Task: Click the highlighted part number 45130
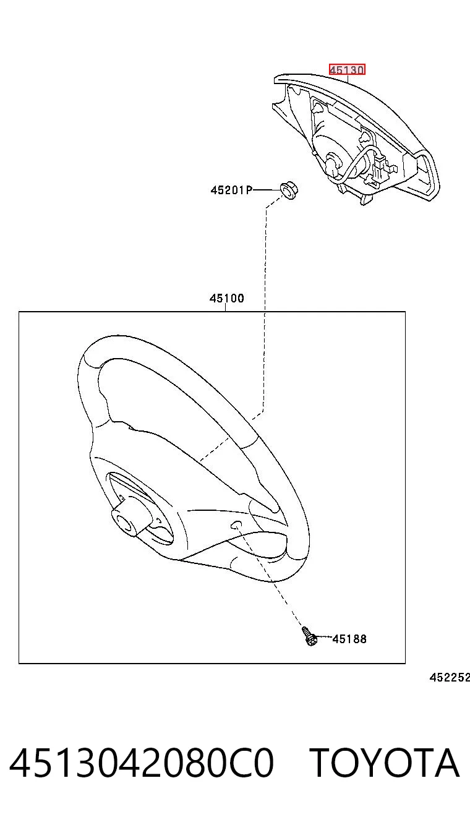[347, 70]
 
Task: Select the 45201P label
[231, 190]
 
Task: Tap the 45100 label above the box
[227, 298]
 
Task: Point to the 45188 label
[349, 639]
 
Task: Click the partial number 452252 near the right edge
[450, 677]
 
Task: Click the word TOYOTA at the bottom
[385, 763]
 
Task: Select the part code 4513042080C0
[142, 763]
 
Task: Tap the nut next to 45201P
[289, 190]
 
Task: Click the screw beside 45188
[309, 636]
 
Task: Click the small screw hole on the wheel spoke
[236, 524]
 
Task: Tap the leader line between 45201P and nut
[267, 190]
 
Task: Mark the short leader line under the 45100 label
[226, 307]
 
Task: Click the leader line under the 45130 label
[348, 79]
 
